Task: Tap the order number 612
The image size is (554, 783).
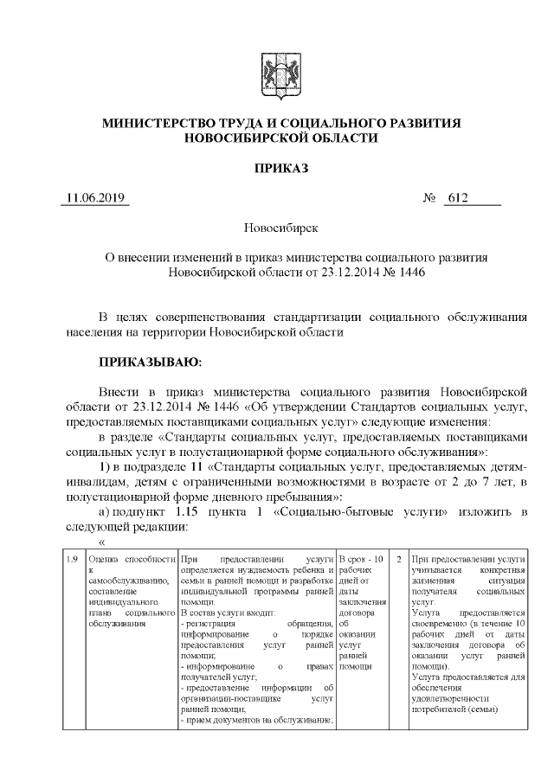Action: pos(457,198)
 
